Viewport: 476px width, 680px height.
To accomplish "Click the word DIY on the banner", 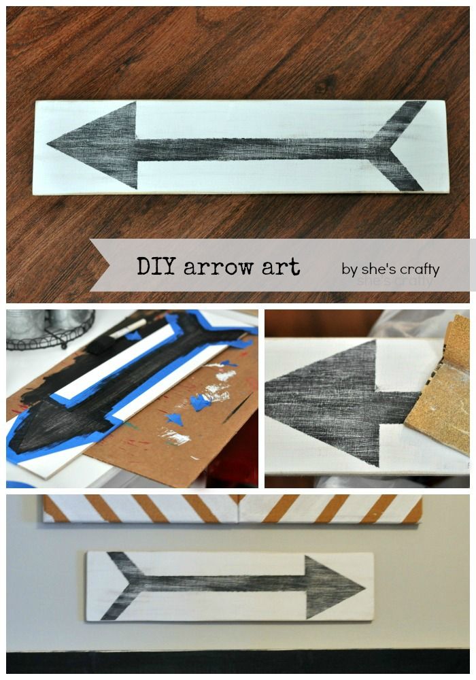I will (x=155, y=267).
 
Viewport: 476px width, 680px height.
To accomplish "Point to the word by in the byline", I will (x=350, y=269).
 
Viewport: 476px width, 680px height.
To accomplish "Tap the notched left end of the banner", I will (x=102, y=265).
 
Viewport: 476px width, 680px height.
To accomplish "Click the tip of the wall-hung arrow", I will (x=363, y=585).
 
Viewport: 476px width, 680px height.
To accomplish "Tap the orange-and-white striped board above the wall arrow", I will (x=231, y=509).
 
